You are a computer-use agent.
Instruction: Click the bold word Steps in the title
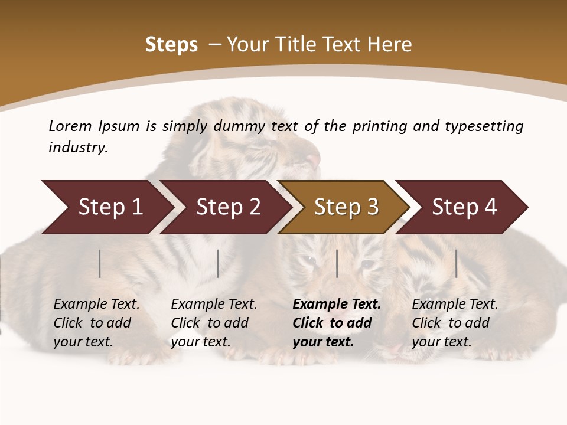coord(171,45)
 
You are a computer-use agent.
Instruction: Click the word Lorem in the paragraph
coord(70,126)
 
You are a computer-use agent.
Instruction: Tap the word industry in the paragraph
coord(78,148)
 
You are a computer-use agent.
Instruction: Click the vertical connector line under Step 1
coord(100,263)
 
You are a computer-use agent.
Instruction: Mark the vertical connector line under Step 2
coord(218,263)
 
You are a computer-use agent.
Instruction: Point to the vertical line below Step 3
coord(337,263)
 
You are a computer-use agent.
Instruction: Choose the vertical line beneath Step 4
coord(456,263)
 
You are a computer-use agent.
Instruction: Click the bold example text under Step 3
coord(336,323)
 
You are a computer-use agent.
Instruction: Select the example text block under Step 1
coord(96,323)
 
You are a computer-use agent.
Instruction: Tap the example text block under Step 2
coord(214,323)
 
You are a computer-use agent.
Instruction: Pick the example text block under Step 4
coord(455,323)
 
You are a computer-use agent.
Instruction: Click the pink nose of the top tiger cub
coord(312,159)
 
